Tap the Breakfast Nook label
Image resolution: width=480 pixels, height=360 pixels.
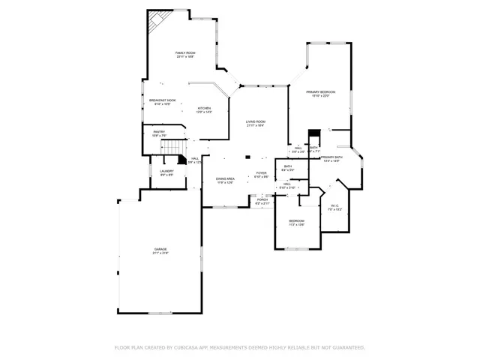(x=163, y=100)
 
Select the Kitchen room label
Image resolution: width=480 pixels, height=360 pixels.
(x=204, y=108)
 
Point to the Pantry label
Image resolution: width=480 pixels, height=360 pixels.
(x=159, y=131)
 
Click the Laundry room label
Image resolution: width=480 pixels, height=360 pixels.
(x=166, y=171)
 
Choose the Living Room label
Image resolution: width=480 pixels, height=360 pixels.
(x=256, y=121)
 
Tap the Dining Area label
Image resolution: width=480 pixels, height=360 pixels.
(x=226, y=178)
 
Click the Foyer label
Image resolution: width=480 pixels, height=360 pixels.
(x=261, y=173)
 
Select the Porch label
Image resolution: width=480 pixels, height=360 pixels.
(x=262, y=199)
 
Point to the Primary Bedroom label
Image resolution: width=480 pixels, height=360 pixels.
(x=320, y=91)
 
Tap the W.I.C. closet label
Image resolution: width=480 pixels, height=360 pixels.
(x=334, y=206)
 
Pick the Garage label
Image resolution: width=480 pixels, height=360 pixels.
(x=160, y=248)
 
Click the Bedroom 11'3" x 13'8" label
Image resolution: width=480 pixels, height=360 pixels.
(x=297, y=220)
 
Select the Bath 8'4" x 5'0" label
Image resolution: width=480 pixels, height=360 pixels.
(x=288, y=166)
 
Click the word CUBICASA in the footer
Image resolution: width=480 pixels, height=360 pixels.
(x=194, y=348)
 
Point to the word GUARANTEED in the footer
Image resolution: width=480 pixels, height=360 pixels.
(x=347, y=348)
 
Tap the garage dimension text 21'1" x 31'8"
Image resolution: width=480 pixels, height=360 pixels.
(x=160, y=253)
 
